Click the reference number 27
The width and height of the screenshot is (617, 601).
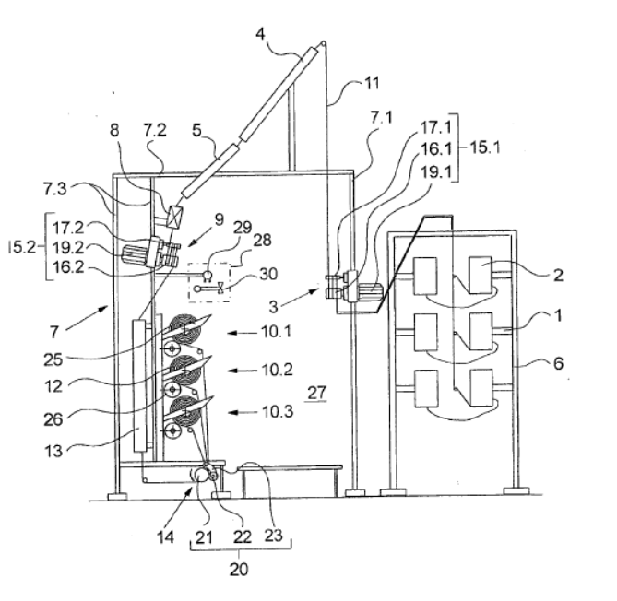(x=316, y=393)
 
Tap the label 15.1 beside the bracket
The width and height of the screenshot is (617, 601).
(x=485, y=147)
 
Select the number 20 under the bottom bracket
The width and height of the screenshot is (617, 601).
(x=239, y=569)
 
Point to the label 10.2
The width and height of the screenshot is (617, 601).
(x=278, y=370)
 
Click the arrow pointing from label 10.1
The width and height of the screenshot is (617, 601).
(x=243, y=333)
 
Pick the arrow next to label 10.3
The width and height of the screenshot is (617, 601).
(x=243, y=412)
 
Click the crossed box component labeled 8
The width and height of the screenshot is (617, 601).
(x=174, y=217)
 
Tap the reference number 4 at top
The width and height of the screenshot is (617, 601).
(x=260, y=34)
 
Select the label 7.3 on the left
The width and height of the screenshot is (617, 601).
(x=55, y=189)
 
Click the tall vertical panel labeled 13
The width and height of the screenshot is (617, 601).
(x=139, y=386)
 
